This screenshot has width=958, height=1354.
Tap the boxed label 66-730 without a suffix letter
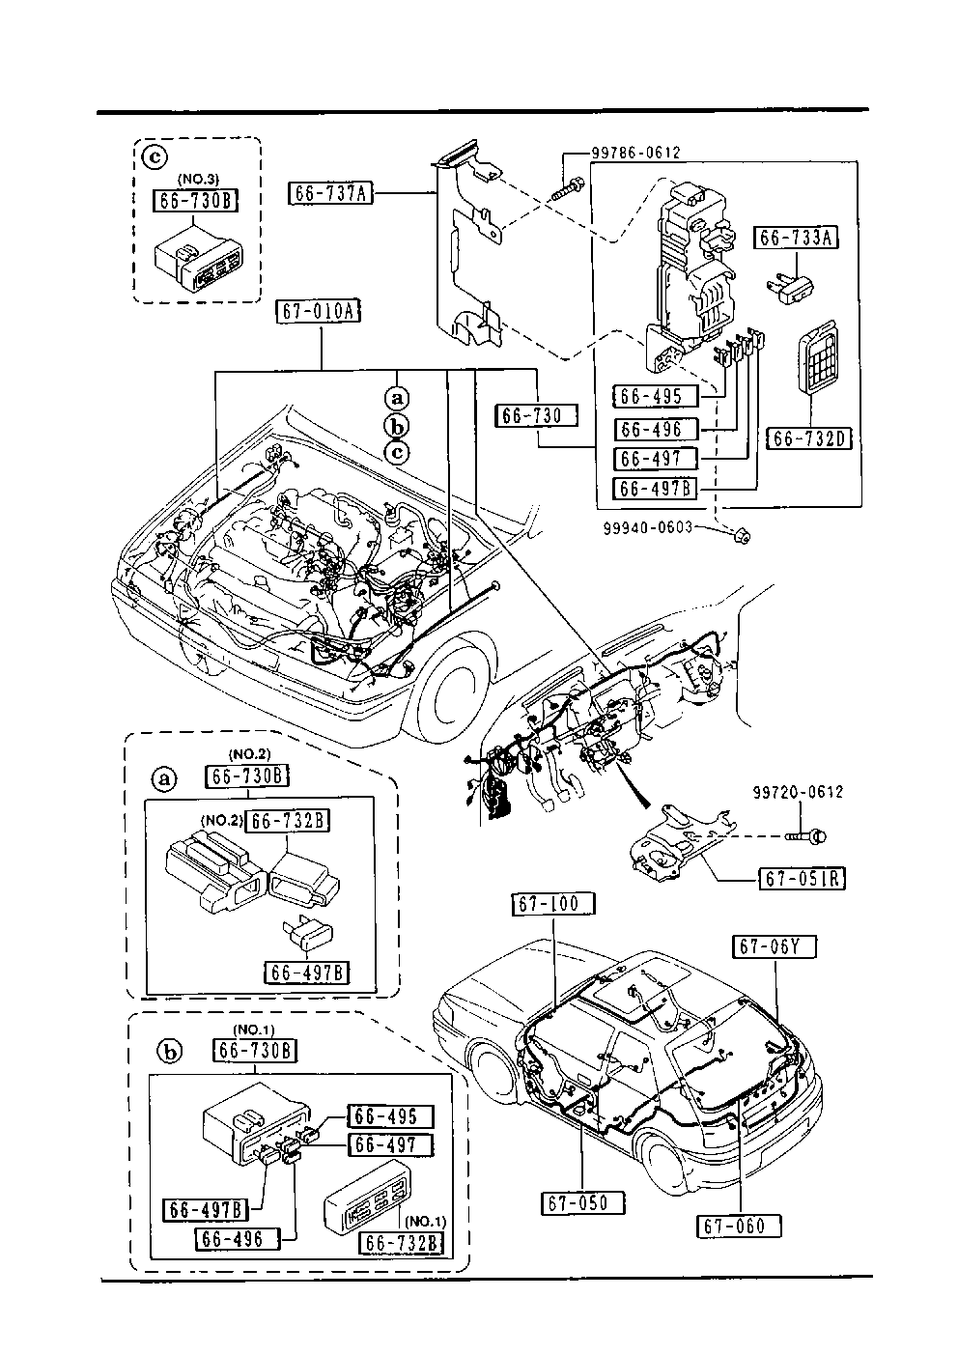click(x=538, y=415)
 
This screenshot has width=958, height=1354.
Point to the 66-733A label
click(x=796, y=237)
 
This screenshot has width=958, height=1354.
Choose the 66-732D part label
click(x=808, y=439)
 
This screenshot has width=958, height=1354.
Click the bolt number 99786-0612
click(x=636, y=153)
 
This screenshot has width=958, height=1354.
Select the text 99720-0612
click(x=798, y=792)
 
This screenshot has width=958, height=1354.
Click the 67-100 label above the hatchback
click(x=553, y=904)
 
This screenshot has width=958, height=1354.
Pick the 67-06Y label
click(x=777, y=947)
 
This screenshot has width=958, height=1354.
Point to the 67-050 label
click(x=582, y=1203)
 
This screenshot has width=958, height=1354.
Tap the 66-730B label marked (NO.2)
click(x=247, y=776)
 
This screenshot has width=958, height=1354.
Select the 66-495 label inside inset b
click(x=386, y=1116)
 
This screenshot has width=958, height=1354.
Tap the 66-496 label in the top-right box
click(x=653, y=430)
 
